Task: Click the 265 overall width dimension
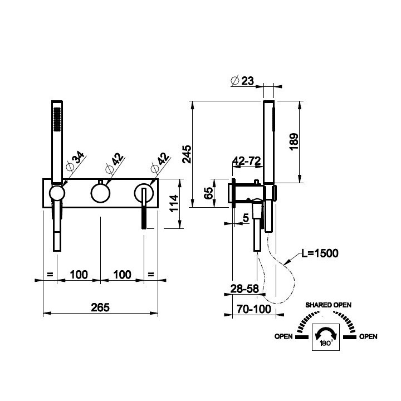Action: [100, 307]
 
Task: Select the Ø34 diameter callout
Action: [75, 161]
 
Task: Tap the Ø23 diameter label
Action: [242, 81]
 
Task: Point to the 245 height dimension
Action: [187, 154]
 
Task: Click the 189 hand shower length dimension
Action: [294, 141]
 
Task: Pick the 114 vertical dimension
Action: [174, 203]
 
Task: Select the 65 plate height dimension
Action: [208, 193]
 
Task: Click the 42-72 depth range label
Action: [247, 161]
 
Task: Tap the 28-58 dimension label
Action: [244, 288]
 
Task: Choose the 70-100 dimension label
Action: [254, 309]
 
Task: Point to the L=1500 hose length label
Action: [320, 253]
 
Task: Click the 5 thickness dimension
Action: [246, 218]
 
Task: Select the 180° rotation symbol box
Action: [326, 337]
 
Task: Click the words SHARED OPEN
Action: [329, 305]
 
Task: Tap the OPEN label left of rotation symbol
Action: [283, 336]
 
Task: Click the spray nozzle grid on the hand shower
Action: [57, 119]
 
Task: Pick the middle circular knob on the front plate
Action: [100, 193]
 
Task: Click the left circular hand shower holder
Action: [57, 193]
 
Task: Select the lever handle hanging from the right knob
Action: [144, 208]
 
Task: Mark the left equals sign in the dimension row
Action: [50, 275]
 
